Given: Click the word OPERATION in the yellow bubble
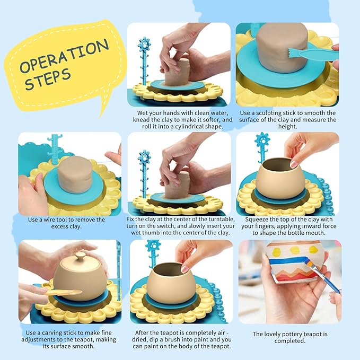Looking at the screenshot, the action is click(64, 56).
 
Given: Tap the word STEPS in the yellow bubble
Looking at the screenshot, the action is click(48, 80).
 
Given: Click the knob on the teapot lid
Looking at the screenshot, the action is click(81, 256).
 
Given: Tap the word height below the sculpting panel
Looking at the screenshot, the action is click(288, 126).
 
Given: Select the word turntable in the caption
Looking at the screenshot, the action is click(222, 219).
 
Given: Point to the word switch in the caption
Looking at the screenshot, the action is click(167, 226).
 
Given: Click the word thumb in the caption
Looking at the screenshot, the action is click(158, 233).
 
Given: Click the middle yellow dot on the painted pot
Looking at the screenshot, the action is click(295, 250).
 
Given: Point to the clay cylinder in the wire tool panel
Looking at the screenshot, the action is click(75, 174).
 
